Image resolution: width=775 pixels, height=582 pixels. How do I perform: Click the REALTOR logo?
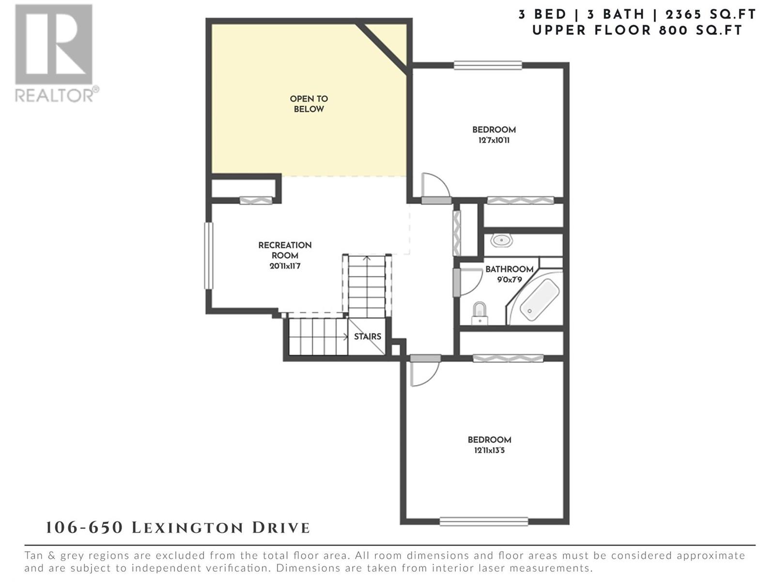[x=57, y=53]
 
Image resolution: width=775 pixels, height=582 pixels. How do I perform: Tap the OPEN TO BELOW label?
[x=309, y=104]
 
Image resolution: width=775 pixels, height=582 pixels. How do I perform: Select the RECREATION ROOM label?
[x=285, y=250]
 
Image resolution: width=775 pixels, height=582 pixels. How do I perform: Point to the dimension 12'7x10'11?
[x=494, y=140]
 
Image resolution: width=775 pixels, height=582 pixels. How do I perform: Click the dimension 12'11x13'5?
[x=489, y=451]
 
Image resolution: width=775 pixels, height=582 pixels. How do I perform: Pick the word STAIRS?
[x=368, y=337]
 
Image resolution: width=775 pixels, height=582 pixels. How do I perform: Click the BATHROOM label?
[x=509, y=269]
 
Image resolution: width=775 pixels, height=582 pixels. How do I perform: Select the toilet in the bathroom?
[x=480, y=313]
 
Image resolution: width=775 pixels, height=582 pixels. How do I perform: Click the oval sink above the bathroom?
[x=501, y=241]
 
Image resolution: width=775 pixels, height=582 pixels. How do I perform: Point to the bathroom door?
[x=468, y=282]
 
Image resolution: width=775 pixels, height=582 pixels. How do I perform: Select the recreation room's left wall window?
[x=209, y=256]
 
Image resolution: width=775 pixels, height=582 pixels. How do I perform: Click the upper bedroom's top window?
[x=488, y=65]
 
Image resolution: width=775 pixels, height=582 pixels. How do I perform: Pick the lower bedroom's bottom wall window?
[x=484, y=521]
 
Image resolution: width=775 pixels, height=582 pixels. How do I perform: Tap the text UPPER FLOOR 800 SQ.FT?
[x=637, y=31]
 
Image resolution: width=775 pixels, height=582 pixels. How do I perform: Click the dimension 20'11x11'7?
[x=285, y=266]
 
